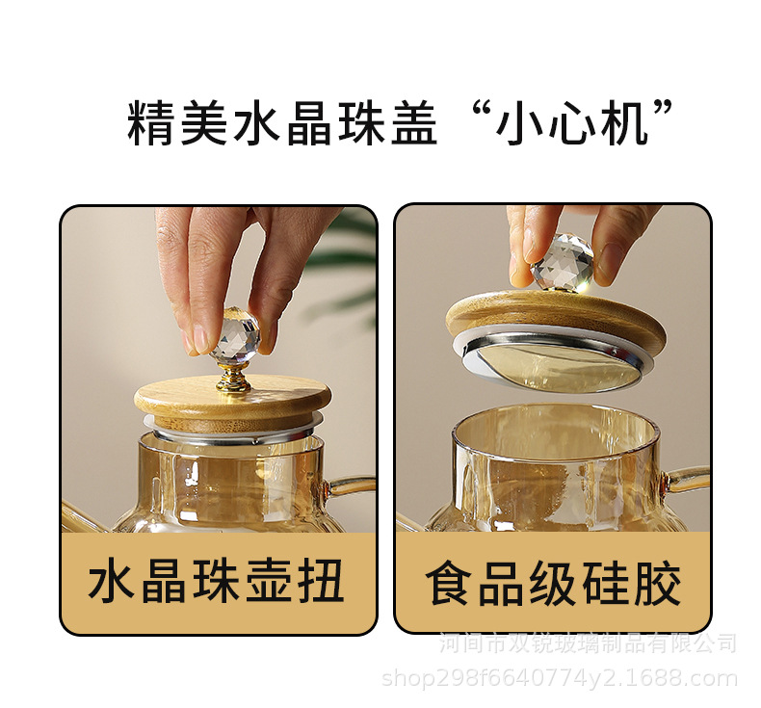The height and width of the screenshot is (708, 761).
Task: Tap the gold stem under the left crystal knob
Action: click(x=233, y=377)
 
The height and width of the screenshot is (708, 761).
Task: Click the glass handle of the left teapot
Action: click(x=352, y=482)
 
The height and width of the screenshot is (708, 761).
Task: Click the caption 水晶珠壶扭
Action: click(x=217, y=584)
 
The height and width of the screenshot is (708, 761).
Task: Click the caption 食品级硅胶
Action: click(x=553, y=584)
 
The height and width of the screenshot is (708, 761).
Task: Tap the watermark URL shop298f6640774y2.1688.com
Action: click(x=560, y=679)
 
